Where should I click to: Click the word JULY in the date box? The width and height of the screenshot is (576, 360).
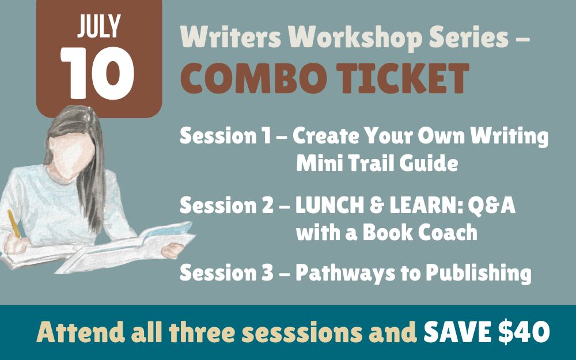98,25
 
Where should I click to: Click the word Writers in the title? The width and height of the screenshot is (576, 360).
228,37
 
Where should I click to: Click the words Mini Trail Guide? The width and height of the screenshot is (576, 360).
377,164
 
